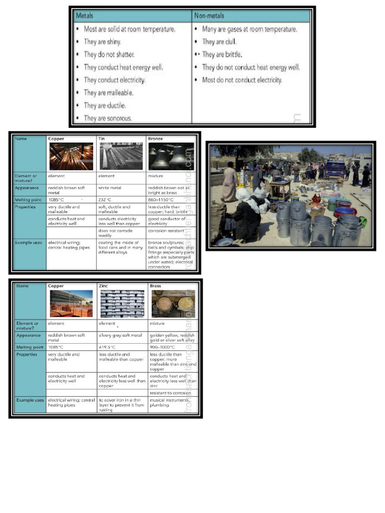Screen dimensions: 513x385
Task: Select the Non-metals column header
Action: click(x=209, y=16)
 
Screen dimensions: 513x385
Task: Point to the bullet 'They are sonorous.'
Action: click(x=108, y=118)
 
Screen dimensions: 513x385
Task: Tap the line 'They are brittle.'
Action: click(x=222, y=55)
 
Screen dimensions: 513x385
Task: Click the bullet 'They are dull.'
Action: click(x=219, y=42)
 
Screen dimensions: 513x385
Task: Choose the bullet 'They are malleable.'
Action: click(x=108, y=93)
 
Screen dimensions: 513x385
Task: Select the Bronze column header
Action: click(x=155, y=138)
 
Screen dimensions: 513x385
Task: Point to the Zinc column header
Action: click(x=104, y=286)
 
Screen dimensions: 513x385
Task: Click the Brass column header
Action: click(x=155, y=286)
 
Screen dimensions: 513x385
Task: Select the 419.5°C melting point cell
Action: click(x=108, y=347)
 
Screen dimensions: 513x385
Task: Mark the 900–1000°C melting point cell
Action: click(x=162, y=347)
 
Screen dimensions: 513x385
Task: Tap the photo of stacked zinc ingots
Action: click(x=122, y=304)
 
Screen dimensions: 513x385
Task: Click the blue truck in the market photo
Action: click(x=334, y=169)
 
